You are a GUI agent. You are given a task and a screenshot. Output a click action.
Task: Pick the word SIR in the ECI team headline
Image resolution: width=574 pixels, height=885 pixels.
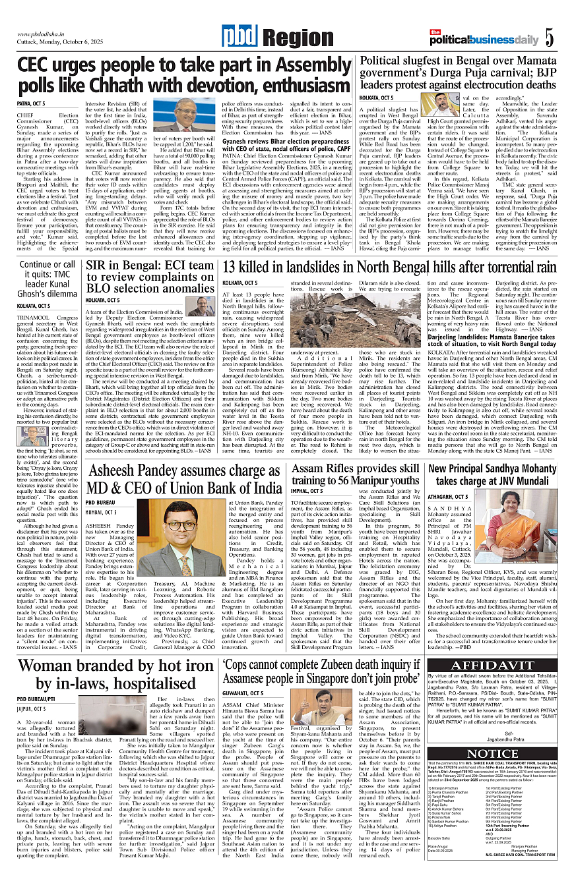coord(99,266)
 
